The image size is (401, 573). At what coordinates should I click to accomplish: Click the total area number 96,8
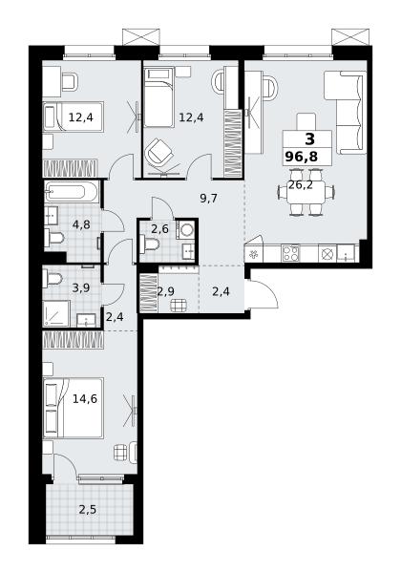tap(302, 157)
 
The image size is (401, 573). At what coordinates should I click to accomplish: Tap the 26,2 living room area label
tap(301, 185)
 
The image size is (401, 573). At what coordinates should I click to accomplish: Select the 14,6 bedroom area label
tap(85, 398)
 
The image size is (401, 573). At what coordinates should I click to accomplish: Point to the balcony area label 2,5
tap(88, 509)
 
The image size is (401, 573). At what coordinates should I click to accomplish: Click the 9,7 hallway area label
tap(208, 199)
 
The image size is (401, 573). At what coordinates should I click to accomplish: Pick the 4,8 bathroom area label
tap(81, 224)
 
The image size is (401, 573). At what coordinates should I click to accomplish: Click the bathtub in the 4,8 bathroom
tap(72, 192)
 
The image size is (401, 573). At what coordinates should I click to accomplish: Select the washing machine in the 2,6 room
tap(187, 230)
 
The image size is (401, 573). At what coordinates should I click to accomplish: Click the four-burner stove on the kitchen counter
tap(290, 253)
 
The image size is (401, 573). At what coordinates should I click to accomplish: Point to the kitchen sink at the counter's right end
tap(346, 253)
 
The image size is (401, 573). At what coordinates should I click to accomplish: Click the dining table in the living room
tap(306, 192)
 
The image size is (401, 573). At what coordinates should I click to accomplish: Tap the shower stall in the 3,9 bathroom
tap(56, 313)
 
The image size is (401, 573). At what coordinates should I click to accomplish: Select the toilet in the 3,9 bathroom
tap(53, 280)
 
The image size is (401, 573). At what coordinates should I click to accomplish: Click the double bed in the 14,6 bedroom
tap(74, 408)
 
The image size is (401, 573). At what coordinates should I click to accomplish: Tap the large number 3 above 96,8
tap(309, 139)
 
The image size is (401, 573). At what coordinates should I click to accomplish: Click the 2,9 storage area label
tap(165, 291)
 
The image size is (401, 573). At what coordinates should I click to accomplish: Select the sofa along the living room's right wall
tap(346, 113)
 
